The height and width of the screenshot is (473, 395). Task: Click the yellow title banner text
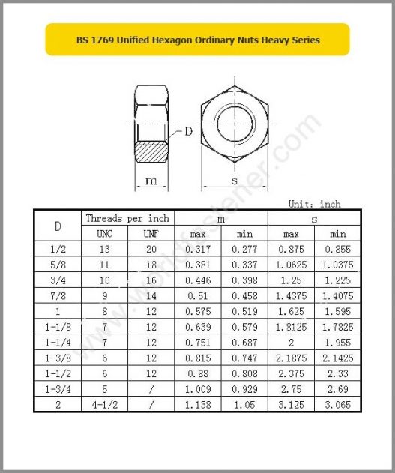click(198, 40)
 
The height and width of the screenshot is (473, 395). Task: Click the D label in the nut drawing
click(188, 132)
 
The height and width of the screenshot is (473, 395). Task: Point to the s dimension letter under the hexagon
click(234, 181)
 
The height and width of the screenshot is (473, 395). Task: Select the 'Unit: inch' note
click(314, 204)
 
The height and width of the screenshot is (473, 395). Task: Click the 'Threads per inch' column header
click(127, 218)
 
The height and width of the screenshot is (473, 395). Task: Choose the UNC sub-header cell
click(105, 233)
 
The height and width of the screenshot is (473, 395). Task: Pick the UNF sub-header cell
click(151, 233)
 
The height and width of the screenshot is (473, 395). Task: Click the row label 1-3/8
click(58, 358)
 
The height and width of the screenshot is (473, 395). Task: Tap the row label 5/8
click(58, 264)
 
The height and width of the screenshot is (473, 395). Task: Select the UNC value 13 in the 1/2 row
click(105, 248)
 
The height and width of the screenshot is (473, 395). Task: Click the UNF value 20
click(151, 248)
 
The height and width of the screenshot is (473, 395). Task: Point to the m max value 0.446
click(198, 280)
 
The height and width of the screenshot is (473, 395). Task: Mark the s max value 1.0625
click(290, 264)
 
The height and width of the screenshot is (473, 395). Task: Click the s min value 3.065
click(337, 404)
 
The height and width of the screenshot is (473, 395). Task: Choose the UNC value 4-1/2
click(105, 404)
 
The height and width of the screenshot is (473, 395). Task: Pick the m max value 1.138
click(198, 404)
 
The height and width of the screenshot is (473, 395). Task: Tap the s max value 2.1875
click(290, 358)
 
